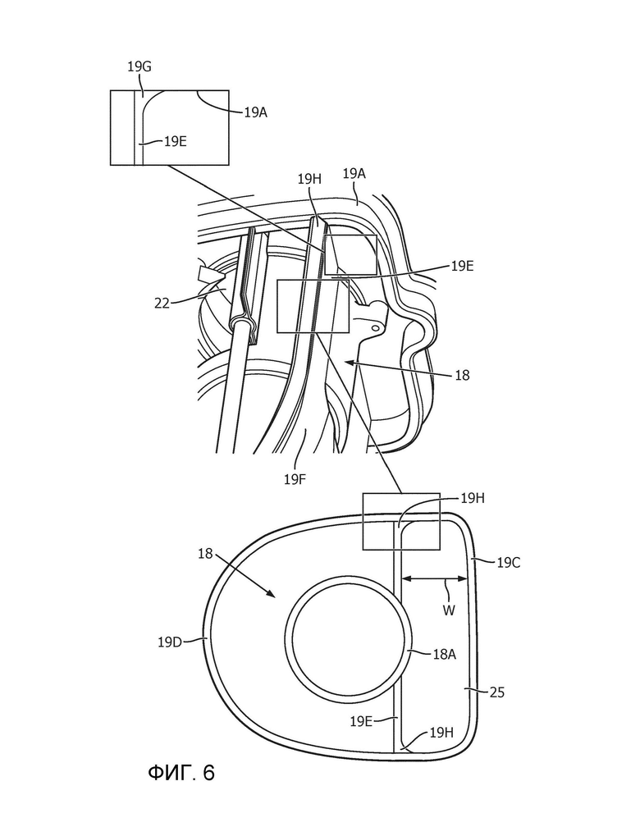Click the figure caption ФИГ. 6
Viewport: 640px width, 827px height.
(181, 773)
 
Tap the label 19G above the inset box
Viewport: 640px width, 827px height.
(139, 67)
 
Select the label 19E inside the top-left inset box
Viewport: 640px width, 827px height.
(175, 141)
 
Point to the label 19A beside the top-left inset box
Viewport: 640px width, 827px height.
(255, 112)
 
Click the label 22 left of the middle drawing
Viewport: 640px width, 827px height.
(162, 304)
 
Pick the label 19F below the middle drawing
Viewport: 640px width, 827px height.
(295, 479)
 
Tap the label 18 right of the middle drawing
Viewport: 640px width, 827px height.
(462, 376)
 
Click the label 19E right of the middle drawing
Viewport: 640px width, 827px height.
(462, 267)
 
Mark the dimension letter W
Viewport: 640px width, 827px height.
(449, 610)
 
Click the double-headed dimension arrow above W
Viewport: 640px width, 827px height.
(435, 578)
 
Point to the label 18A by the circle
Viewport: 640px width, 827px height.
(444, 655)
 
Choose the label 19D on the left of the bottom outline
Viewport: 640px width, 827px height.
(170, 642)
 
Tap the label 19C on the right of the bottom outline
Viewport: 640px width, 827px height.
(509, 563)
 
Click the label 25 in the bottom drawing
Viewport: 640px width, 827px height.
(497, 692)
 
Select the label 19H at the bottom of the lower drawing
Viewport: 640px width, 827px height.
(441, 733)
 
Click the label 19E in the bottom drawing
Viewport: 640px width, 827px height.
(361, 721)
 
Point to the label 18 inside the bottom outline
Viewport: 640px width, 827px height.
(206, 554)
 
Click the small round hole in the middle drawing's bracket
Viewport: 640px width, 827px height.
(375, 328)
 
